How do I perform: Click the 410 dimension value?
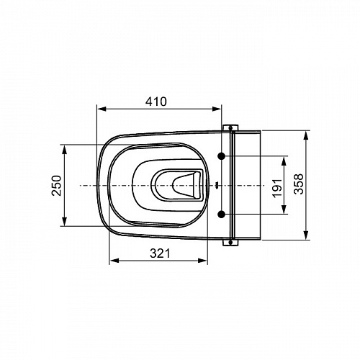(156, 102)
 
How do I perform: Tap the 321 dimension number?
(160, 253)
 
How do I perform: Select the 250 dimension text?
(57, 186)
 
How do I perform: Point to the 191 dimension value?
(277, 188)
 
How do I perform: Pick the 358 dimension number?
(299, 184)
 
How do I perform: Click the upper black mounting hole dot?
(221, 156)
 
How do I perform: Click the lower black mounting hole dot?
(221, 215)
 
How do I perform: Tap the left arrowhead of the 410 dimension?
(102, 109)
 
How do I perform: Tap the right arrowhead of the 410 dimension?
(216, 109)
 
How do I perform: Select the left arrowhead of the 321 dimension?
(114, 261)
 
